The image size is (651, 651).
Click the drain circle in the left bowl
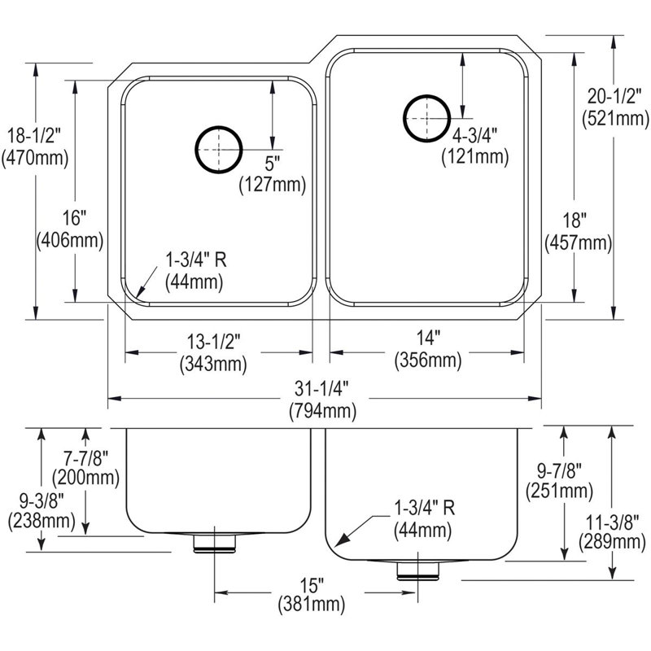point(195,150)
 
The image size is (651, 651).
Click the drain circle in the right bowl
point(403,118)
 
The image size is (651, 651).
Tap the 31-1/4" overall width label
point(321,389)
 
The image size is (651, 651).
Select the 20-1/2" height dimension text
point(614,97)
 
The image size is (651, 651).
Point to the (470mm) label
point(35,158)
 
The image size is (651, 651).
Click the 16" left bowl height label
point(74,218)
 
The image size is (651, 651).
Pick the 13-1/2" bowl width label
point(213,342)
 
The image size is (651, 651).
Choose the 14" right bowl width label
point(428,338)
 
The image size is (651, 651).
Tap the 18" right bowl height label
point(575,220)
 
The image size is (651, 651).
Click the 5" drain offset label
point(273,164)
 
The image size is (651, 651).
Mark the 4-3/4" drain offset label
point(474,135)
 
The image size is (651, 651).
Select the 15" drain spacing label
point(312,586)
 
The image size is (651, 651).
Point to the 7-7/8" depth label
point(85,459)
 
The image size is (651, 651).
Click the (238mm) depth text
point(42,521)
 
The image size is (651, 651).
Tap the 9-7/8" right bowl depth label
point(559,471)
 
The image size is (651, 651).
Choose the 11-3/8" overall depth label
point(612,522)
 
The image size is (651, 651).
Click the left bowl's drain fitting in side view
point(215,544)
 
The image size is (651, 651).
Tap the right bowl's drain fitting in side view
point(417,571)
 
